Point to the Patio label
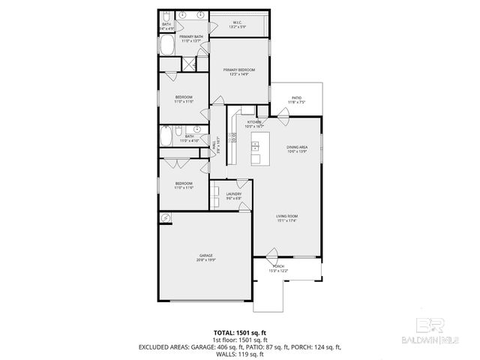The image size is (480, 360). pyautogui.click(x=297, y=97)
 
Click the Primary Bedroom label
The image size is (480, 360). pyautogui.click(x=240, y=70)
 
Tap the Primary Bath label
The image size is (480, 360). pyautogui.click(x=190, y=36)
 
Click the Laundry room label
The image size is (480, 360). pyautogui.click(x=233, y=194)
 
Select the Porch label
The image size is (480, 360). pyautogui.click(x=279, y=266)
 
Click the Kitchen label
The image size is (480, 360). pyautogui.click(x=255, y=121)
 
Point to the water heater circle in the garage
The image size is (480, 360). pyautogui.click(x=166, y=218)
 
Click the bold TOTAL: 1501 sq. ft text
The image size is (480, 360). pyautogui.click(x=239, y=331)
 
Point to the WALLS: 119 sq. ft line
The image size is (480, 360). pyautogui.click(x=240, y=354)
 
